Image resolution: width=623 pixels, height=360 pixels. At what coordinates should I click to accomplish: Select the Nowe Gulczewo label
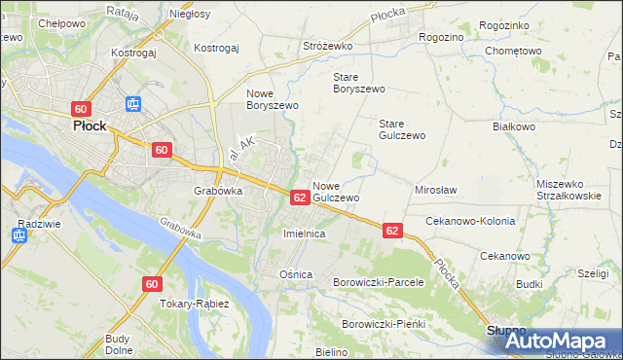click(337, 191)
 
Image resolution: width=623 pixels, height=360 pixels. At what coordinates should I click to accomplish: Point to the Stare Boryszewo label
click(359, 82)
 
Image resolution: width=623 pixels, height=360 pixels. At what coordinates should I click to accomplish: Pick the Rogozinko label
click(505, 25)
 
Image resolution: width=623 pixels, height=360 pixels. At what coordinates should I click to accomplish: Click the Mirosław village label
click(436, 190)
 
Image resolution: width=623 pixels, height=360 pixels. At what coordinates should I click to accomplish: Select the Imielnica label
click(303, 234)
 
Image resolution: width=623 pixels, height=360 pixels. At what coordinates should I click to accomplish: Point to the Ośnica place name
click(296, 274)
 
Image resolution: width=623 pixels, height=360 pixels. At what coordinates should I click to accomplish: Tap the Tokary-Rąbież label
click(195, 304)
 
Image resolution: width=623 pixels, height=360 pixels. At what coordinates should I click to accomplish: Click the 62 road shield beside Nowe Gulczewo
click(300, 197)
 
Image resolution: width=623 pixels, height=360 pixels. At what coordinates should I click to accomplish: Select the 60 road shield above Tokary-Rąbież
click(151, 284)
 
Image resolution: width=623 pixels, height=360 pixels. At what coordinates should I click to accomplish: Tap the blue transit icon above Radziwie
click(20, 234)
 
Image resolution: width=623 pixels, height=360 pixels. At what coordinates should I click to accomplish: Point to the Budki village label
click(530, 284)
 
